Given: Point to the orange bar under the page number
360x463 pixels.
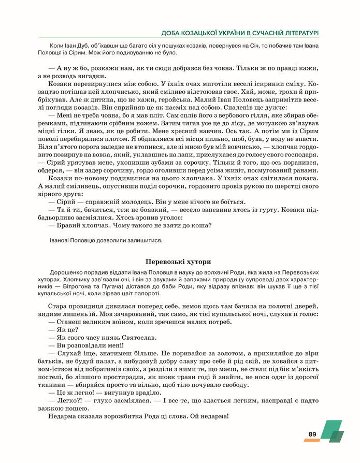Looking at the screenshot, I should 312,440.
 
